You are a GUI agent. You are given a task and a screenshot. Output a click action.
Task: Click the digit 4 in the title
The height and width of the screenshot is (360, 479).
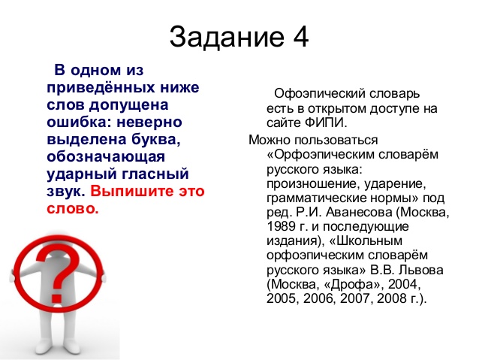pos(300,37)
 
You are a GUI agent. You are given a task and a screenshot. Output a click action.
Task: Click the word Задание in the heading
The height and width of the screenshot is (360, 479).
pos(227,37)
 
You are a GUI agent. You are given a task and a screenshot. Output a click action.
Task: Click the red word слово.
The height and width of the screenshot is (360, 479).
pos(73,209)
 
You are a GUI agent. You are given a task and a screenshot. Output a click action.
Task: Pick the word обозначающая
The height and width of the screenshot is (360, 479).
pos(106,157)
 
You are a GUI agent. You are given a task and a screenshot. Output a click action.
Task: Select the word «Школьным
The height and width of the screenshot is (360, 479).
pos(366,241)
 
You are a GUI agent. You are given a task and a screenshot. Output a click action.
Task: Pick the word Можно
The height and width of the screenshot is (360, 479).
pos(270,140)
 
